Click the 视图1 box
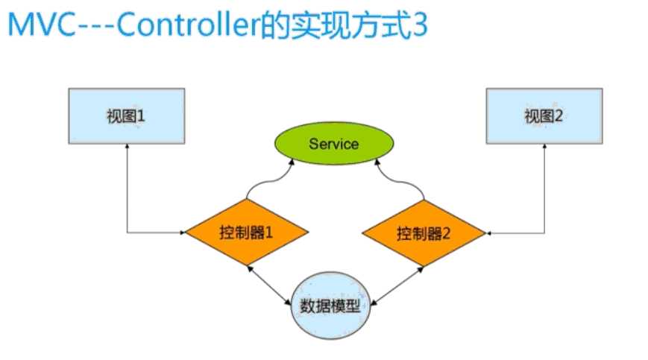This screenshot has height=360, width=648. click(127, 116)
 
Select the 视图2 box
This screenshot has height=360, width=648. click(544, 116)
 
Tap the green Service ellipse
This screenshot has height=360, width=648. click(334, 143)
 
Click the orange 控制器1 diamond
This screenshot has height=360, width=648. click(247, 232)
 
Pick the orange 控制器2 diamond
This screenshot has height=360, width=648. click(424, 233)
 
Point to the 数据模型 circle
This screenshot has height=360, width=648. click(330, 306)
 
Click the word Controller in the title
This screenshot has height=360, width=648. click(189, 25)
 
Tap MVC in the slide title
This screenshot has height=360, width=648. click(41, 25)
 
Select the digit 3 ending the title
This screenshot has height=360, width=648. click(418, 25)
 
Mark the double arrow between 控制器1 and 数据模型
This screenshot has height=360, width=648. click(269, 285)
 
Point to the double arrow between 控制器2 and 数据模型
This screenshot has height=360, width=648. click(397, 286)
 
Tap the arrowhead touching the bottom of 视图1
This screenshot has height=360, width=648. click(128, 146)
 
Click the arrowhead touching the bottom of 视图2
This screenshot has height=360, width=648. click(544, 146)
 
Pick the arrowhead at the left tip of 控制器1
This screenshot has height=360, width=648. click(183, 233)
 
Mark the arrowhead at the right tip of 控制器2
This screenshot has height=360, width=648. click(489, 233)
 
